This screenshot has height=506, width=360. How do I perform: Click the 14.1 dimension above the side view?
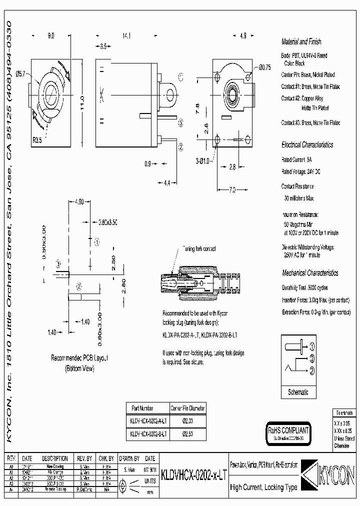(x=126, y=35)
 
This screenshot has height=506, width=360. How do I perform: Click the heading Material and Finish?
(x=301, y=42)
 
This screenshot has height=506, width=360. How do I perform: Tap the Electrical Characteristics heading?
(x=307, y=144)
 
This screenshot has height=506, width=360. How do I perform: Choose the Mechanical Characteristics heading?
(x=309, y=273)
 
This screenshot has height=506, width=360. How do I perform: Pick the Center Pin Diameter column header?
(x=187, y=407)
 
